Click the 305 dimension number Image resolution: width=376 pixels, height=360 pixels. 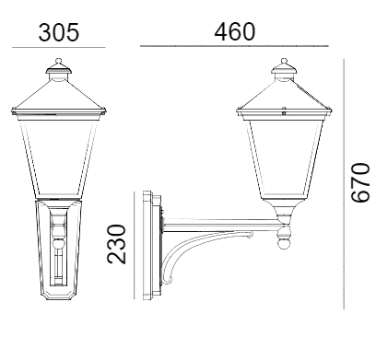click(59, 32)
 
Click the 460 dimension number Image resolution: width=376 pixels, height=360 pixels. click(235, 31)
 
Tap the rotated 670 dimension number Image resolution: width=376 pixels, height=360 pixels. click(360, 183)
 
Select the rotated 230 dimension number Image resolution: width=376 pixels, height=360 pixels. click(116, 244)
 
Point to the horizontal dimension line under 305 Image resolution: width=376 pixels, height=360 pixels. click(59, 48)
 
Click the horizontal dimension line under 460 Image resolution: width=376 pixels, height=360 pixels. click(234, 46)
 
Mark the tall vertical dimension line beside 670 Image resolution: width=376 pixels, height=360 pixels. click(344, 184)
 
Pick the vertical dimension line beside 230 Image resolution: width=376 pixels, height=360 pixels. click(135, 245)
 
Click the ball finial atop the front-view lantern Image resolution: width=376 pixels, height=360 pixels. click(59, 61)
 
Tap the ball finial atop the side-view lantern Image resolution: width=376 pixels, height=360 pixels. click(284, 61)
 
